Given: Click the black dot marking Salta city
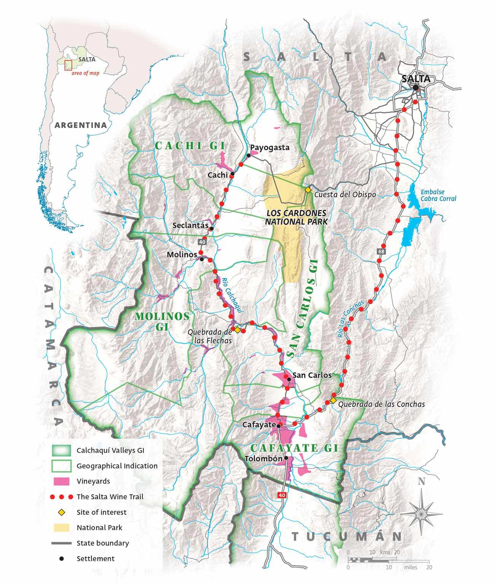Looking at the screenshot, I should pyautogui.click(x=416, y=88).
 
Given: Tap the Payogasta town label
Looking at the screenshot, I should pyautogui.click(x=270, y=148).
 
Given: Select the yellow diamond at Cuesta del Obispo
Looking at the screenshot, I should pyautogui.click(x=308, y=189).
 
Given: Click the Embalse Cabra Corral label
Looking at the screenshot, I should pyautogui.click(x=438, y=195).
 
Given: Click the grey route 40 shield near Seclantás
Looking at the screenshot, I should pyautogui.click(x=202, y=242).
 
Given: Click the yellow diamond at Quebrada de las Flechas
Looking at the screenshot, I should pyautogui.click(x=237, y=330).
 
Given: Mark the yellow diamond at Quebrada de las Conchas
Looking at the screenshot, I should pyautogui.click(x=333, y=400).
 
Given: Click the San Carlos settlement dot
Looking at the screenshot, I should pyautogui.click(x=289, y=379).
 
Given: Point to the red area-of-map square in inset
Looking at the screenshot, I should pyautogui.click(x=68, y=65).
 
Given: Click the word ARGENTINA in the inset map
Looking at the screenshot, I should pyautogui.click(x=80, y=125).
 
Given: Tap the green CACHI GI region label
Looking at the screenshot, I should pyautogui.click(x=190, y=145).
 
